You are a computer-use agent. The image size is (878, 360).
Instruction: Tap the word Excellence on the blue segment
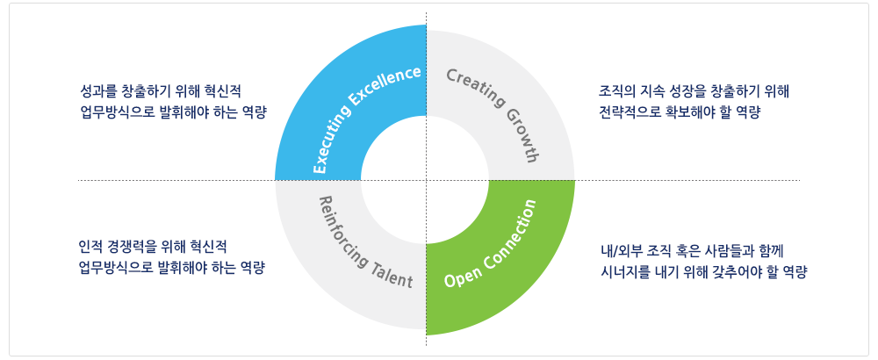pyautogui.click(x=387, y=85)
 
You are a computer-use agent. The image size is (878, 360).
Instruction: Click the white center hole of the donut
pyautogui.click(x=425, y=180)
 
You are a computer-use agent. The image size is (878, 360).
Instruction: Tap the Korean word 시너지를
pyautogui.click(x=621, y=273)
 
